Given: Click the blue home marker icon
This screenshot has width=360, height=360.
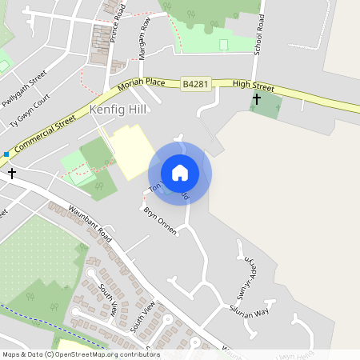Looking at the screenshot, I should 180,173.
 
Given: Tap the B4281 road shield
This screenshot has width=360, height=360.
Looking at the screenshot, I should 194,83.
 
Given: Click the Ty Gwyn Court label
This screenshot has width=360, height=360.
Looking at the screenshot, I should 30,110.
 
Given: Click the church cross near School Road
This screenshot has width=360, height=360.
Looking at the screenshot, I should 257,99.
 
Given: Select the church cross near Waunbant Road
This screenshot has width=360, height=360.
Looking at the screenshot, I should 11,172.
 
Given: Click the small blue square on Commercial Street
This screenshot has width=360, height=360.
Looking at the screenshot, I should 6,154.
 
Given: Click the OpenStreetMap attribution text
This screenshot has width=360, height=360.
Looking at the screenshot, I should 81,354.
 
